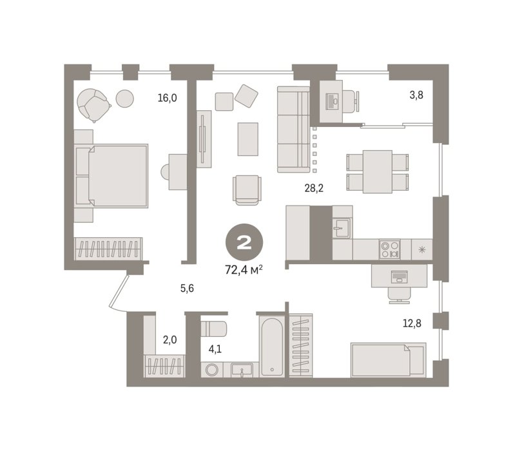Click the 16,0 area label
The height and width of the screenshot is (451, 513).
167,98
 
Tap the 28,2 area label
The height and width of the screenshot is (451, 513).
314,188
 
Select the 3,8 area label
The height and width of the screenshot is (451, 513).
416,95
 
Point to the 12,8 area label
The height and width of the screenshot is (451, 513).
412,323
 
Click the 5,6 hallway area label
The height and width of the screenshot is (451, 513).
187,288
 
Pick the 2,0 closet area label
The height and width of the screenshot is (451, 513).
169,340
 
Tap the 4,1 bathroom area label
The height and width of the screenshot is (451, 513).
215,349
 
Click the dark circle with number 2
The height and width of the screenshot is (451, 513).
244,243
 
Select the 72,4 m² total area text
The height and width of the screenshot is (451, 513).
244,270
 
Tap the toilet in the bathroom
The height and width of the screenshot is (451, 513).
213,329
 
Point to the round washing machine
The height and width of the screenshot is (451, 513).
212,370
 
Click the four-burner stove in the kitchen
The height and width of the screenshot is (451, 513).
390,249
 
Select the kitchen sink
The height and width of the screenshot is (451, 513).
342,228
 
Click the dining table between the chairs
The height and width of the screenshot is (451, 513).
378,171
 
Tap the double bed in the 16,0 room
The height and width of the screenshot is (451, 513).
111,176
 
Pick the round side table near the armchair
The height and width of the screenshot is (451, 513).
124,99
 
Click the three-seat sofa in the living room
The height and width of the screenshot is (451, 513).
293,130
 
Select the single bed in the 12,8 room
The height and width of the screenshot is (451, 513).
389,360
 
